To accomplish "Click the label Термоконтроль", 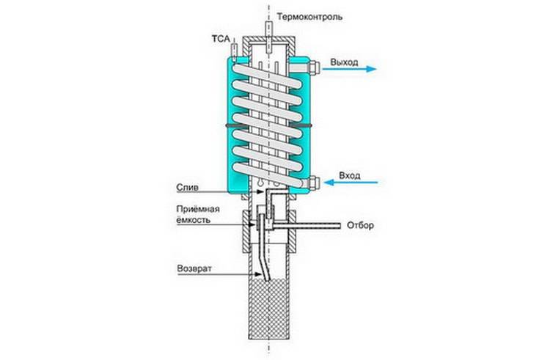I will [311, 15].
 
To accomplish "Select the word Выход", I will [345, 62].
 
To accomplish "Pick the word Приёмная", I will [197, 210].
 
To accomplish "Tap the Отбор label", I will [361, 226].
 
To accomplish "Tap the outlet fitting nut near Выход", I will [312, 68].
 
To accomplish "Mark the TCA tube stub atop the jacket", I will [233, 51].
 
